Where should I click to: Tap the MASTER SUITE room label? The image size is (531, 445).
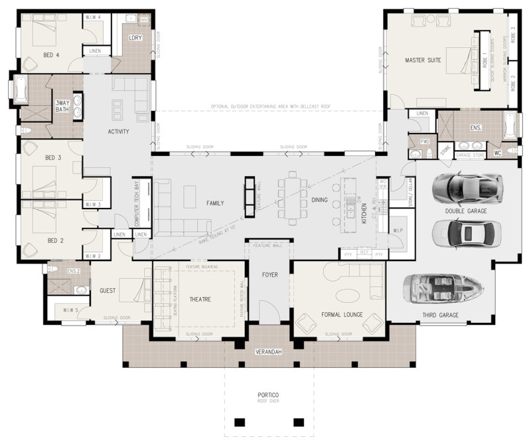pos(423,60)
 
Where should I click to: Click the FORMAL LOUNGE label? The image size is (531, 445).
pos(341,314)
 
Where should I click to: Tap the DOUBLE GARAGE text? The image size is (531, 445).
pos(466,211)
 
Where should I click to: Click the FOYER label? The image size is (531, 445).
pos(269,274)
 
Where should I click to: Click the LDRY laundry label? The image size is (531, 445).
pos(135,38)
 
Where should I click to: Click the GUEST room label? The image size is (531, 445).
pos(108,290)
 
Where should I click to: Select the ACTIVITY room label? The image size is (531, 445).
pos(117,132)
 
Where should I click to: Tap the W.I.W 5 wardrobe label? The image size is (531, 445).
pos(72,310)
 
